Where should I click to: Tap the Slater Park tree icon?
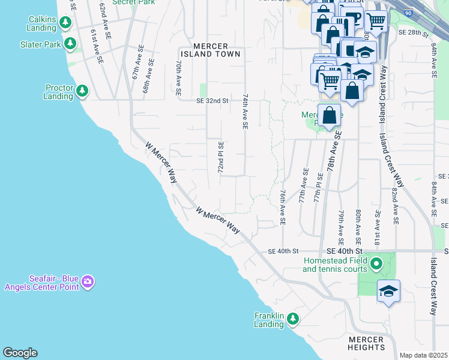coord(70,44)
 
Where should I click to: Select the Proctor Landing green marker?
coord(82,92)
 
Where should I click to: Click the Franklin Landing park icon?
coord(292,319)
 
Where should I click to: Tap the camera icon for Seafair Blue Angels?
coord(88,281)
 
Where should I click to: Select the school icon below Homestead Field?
coord(388,292)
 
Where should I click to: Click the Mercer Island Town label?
coord(217,50)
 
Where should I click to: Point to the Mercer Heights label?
coord(366,343)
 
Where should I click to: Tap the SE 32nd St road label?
coord(212,101)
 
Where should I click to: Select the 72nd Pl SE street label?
coord(221,158)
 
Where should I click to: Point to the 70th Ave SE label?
coord(178,78)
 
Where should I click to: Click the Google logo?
coord(20,353)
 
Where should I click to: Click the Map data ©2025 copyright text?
coord(423,355)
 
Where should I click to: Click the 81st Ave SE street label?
coord(377,227)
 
